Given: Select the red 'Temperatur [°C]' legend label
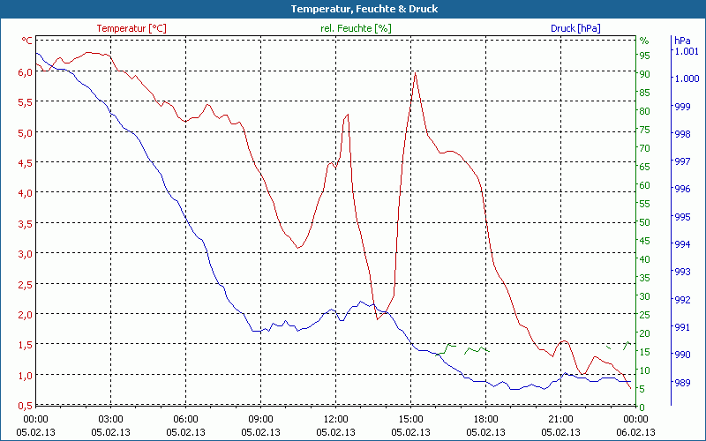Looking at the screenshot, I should coord(131,28).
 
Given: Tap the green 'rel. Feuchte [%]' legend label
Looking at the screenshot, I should coord(356,28).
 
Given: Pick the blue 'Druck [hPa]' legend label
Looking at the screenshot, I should coord(575,28).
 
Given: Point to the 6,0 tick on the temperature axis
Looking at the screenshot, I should coord(25,72).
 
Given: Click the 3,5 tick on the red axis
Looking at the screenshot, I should coord(25,223).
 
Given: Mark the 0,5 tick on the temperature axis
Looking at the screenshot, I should coord(25,405).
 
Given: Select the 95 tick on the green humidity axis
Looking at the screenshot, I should coord(644,56).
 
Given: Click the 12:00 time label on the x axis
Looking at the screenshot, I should coord(336,419).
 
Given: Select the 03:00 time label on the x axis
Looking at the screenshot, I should coord(110,419).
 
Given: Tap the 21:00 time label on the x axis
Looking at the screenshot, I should coord(561,419).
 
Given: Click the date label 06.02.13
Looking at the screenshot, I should coord(636,432).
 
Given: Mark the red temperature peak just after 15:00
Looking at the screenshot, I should coord(415,72).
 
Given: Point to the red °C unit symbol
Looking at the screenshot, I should coord(27,41).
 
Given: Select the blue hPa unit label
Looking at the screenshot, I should coord(681,41).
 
